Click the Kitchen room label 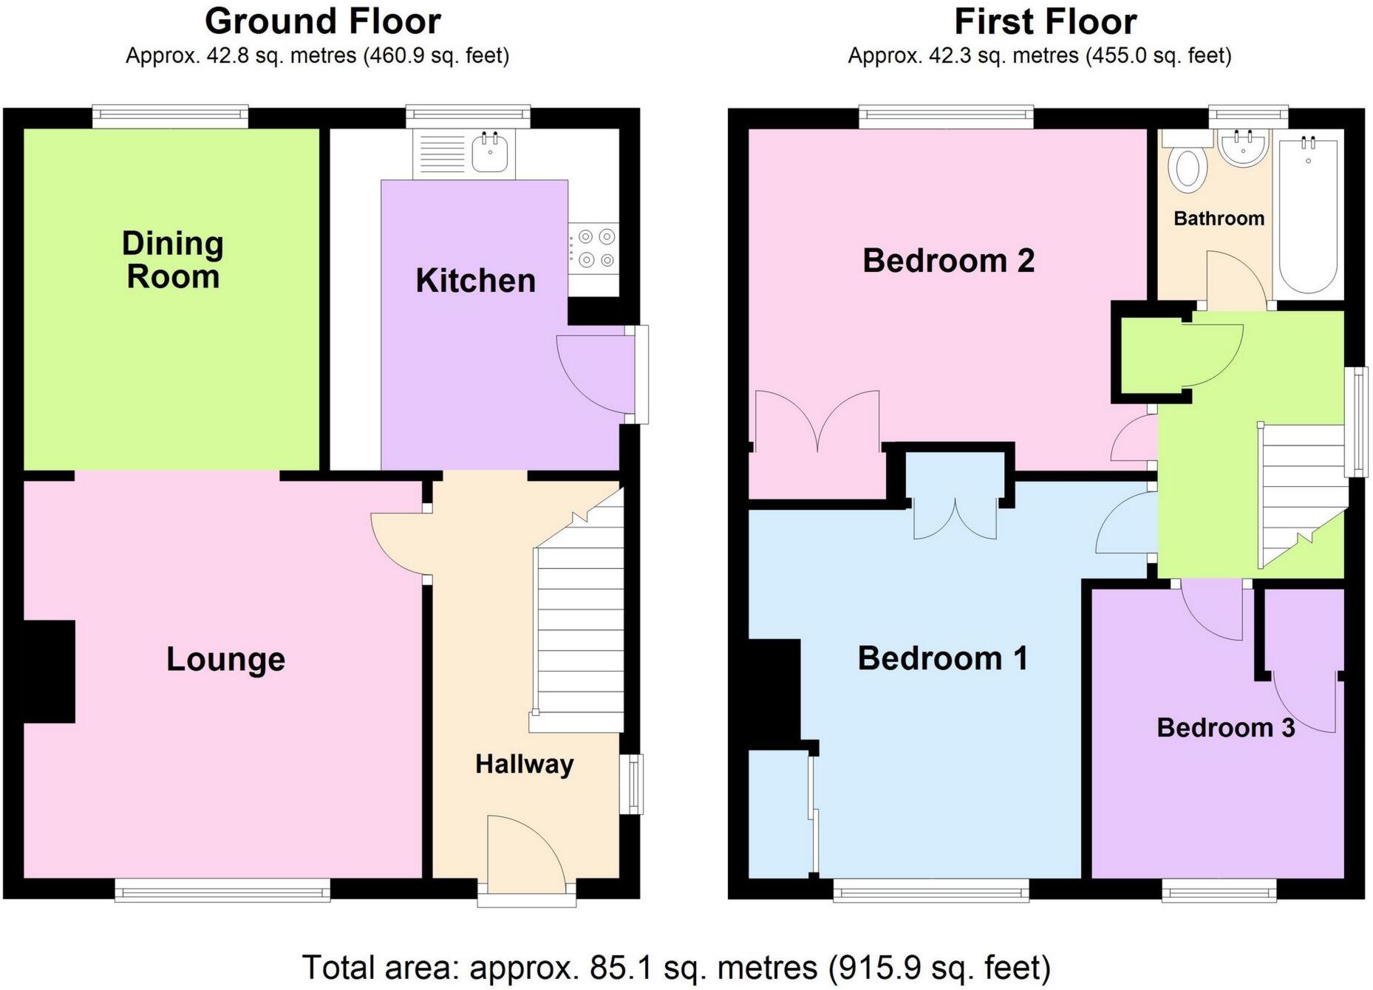(x=475, y=281)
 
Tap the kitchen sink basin (x=489, y=153)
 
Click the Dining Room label (x=173, y=260)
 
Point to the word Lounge (x=225, y=659)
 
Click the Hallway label (x=524, y=764)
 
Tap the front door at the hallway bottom (x=526, y=850)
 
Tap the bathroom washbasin (x=1242, y=149)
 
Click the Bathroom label (x=1219, y=219)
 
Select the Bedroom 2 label (x=948, y=261)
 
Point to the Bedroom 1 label (x=942, y=658)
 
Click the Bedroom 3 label (x=1225, y=728)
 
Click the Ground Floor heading (x=322, y=21)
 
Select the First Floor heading (x=1045, y=21)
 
